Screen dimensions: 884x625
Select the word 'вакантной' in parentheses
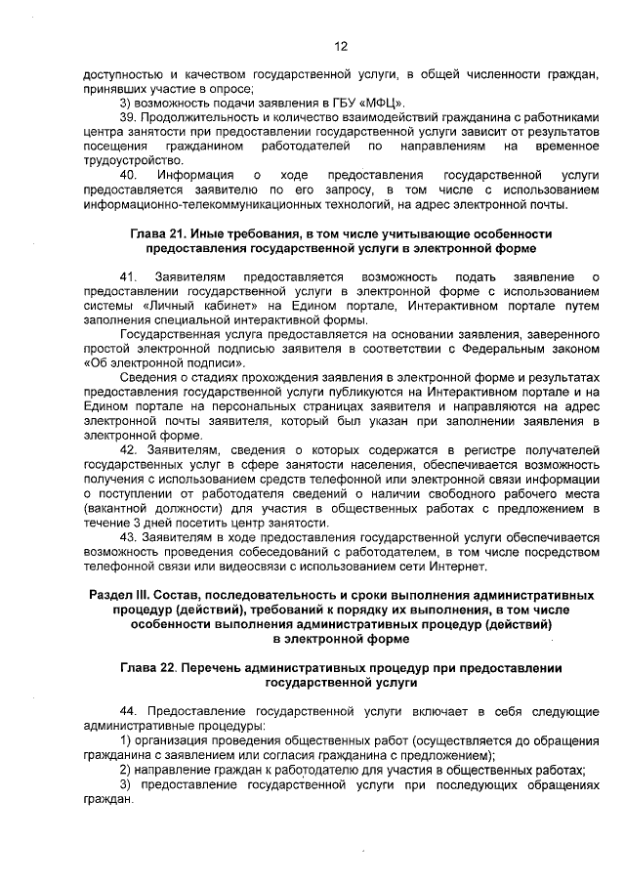coord(119,508)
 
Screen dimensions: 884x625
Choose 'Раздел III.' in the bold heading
coord(123,595)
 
